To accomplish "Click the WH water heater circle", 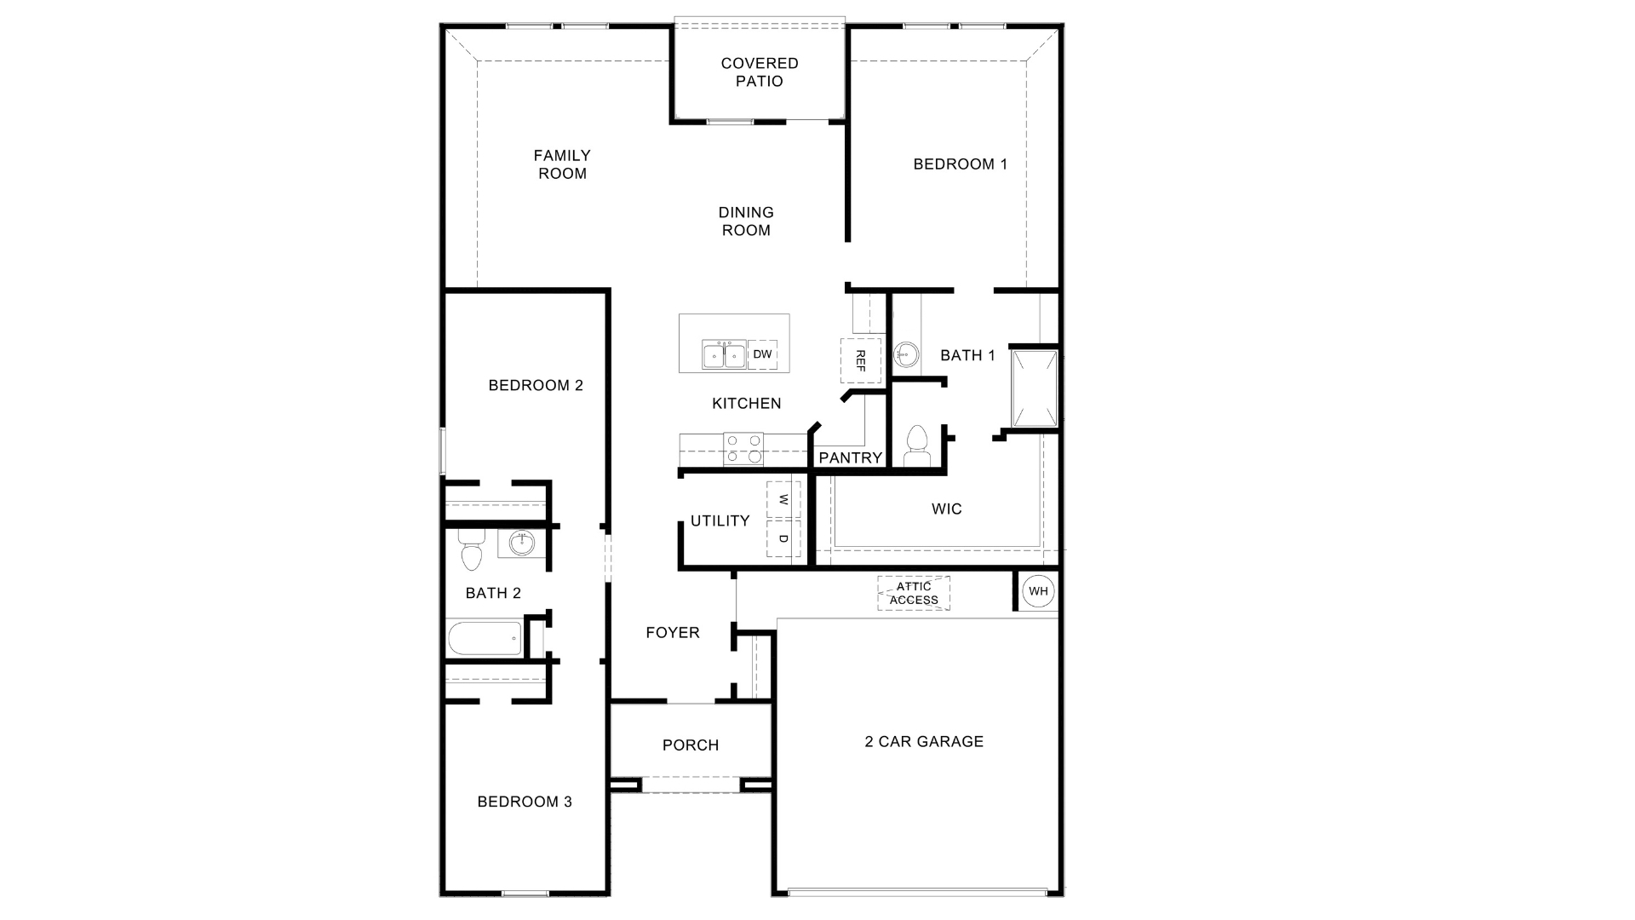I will [x=1038, y=591].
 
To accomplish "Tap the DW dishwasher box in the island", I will [x=762, y=354].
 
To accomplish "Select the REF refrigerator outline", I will [x=860, y=360].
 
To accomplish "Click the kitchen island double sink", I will [x=724, y=354].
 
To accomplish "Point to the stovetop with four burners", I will [x=743, y=449].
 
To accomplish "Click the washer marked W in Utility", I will [x=783, y=500].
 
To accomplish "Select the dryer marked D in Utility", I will [x=783, y=539].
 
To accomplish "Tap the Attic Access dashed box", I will [x=914, y=593].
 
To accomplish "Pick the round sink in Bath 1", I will [x=906, y=352].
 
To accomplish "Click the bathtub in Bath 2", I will [x=485, y=638].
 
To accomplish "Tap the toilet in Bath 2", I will [x=471, y=550].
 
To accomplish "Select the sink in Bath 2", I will [x=522, y=543].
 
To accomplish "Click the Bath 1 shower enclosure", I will [x=1035, y=388].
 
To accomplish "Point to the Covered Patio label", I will [x=760, y=72].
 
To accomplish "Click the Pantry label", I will [x=850, y=458].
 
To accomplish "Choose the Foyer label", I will [x=673, y=633].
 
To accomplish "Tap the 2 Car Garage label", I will [x=924, y=742].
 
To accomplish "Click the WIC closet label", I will [x=946, y=509].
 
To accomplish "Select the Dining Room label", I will [x=746, y=221].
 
